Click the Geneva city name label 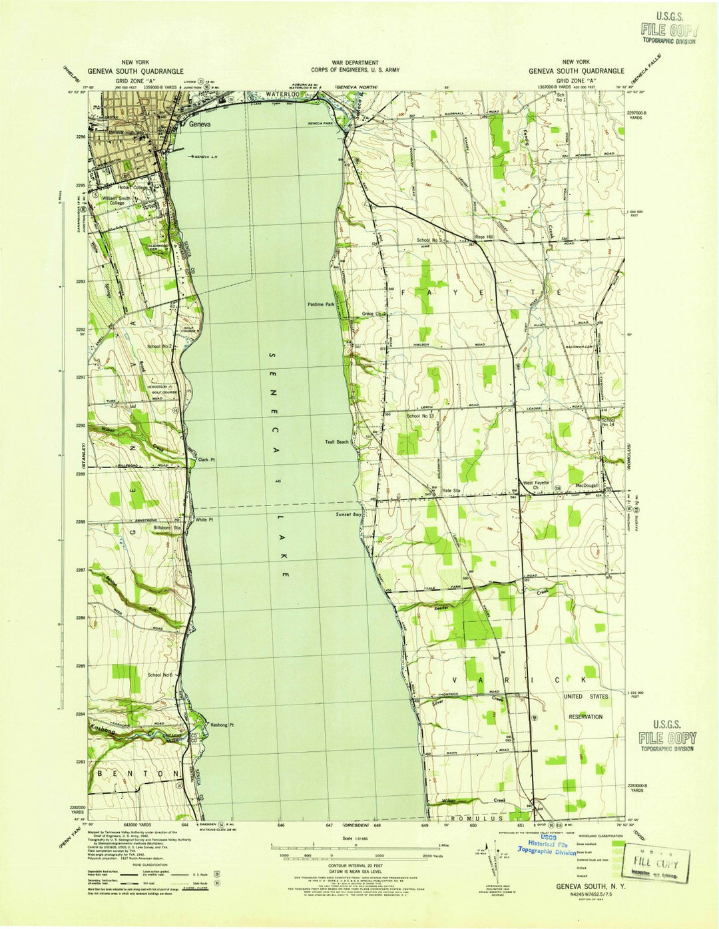point(200,124)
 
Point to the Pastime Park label point(321,304)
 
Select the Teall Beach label point(337,442)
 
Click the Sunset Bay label point(348,515)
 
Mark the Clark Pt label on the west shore point(207,460)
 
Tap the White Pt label point(204,520)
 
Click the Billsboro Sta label point(167,527)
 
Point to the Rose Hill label point(484,237)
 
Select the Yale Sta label point(452,490)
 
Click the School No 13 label point(420,416)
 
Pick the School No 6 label point(160,675)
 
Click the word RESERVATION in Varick point(585,717)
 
